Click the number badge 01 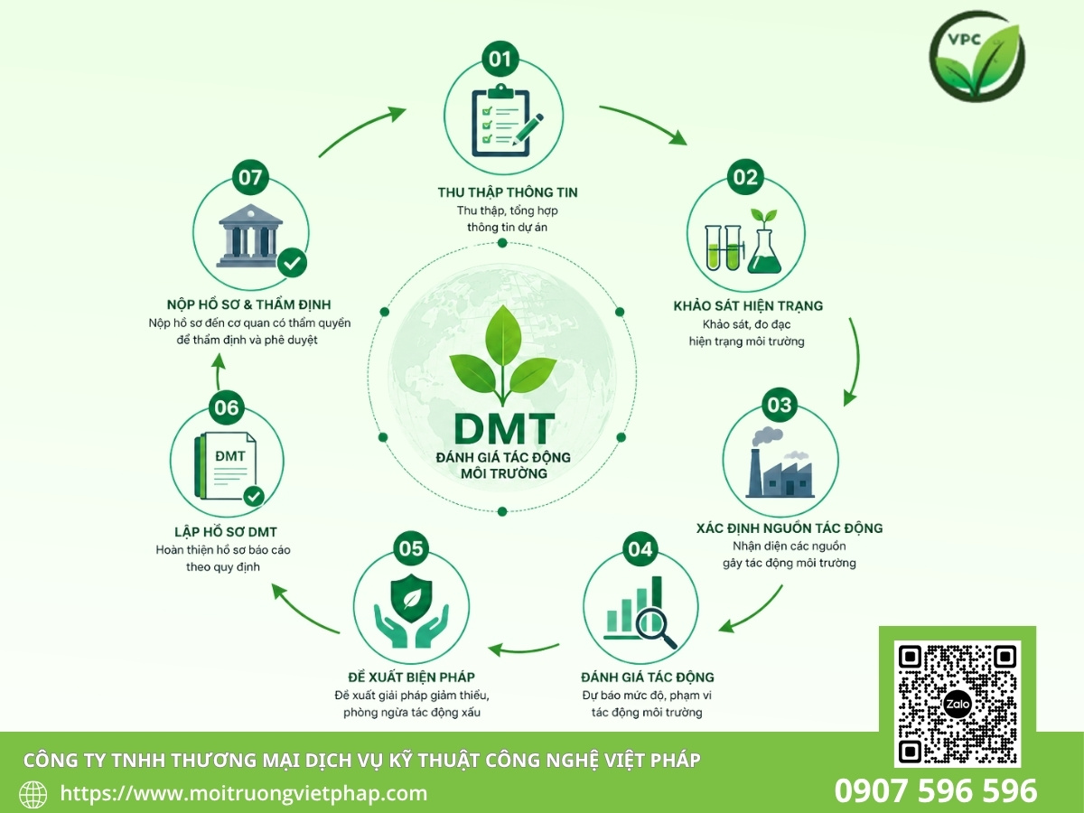500,59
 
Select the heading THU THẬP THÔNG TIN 508,192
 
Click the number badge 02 745,177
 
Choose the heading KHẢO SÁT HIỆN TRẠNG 748,305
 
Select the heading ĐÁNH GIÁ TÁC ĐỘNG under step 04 648,677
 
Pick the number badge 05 411,548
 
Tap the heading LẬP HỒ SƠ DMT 225,532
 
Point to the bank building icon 251,235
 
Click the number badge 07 250,177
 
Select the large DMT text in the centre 504,429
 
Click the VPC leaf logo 977,56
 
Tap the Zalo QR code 957,704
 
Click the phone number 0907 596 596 936,790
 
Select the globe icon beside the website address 33,795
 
